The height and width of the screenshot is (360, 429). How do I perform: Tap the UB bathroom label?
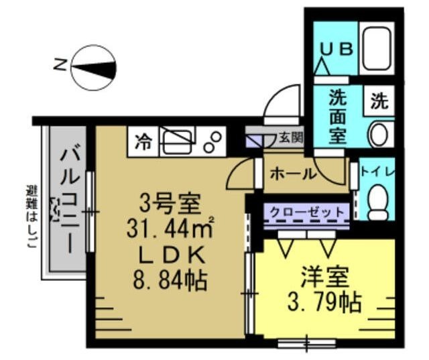pos(339,50)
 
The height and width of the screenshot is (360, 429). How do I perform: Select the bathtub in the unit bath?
pos(377,49)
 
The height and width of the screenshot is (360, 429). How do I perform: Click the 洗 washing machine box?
pos(379,103)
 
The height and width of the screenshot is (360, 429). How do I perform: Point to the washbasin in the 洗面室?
pos(379,134)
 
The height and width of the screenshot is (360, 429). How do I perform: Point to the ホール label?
pos(292,174)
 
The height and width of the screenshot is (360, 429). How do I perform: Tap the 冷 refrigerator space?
pos(143,141)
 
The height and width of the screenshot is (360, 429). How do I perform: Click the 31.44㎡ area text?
pos(170,229)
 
